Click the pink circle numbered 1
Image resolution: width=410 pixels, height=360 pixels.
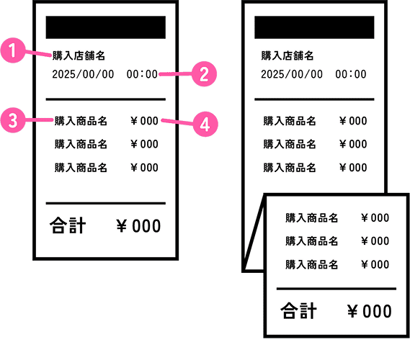[x=13, y=50]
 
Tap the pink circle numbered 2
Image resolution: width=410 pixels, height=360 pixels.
[x=204, y=74]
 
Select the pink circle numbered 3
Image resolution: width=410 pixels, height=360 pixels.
[x=13, y=120]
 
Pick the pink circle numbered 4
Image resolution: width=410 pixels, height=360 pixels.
[x=205, y=124]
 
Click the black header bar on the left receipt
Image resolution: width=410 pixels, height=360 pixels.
[x=106, y=27]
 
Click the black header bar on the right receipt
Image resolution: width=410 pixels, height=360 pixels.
[x=314, y=27]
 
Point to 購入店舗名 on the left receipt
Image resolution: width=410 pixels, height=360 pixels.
[x=79, y=55]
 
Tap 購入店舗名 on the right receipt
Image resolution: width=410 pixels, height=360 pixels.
[x=288, y=55]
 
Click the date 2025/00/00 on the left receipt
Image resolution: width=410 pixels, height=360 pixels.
[x=83, y=74]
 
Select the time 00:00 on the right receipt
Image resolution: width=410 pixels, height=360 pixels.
[x=351, y=74]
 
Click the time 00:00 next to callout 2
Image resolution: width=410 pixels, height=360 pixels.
[x=142, y=74]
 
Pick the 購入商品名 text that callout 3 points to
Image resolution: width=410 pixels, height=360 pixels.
[x=81, y=121]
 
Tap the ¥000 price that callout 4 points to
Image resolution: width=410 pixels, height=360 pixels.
[x=144, y=121]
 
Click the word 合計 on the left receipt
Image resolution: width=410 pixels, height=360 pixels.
[x=68, y=225]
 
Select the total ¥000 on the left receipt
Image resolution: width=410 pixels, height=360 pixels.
[x=138, y=226]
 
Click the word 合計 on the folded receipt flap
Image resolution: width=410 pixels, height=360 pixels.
[x=298, y=310]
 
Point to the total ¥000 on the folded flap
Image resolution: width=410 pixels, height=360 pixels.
[x=370, y=312]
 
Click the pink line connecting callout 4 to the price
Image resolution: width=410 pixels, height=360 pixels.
[x=177, y=122]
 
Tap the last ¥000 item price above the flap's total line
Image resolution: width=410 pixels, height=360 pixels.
[x=375, y=264]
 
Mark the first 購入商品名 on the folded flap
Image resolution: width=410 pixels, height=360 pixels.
[x=312, y=218]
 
